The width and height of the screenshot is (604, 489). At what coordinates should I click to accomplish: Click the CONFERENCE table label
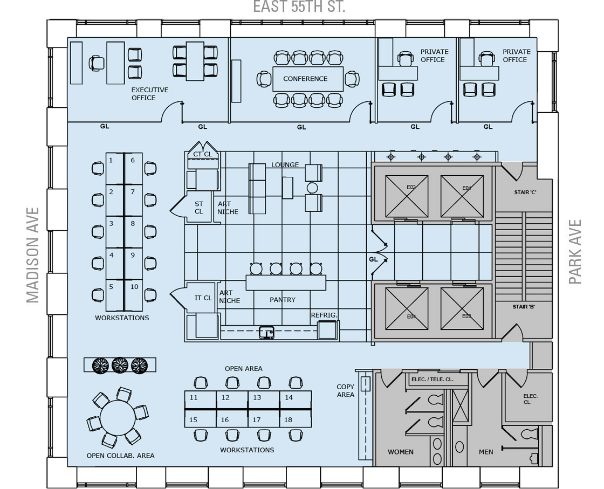(x=305, y=79)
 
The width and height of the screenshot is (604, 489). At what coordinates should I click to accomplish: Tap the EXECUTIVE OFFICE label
(x=149, y=94)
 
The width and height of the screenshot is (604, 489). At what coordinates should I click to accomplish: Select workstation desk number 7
(x=134, y=200)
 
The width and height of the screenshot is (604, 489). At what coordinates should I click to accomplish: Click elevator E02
(x=407, y=196)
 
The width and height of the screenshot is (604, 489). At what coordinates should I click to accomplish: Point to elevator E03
(x=462, y=309)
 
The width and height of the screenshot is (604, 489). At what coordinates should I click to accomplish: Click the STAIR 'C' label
(x=525, y=192)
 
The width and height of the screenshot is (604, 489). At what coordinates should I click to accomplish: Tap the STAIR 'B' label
(x=524, y=307)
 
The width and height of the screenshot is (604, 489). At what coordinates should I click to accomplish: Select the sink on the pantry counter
(x=266, y=332)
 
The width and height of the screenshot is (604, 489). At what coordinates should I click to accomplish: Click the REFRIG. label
(x=324, y=315)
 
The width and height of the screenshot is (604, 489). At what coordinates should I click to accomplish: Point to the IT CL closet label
(x=203, y=298)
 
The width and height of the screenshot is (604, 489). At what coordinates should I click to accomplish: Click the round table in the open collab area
(x=118, y=417)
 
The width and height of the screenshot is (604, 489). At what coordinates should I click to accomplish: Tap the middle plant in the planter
(x=120, y=364)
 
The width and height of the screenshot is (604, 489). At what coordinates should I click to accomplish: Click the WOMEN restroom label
(x=401, y=452)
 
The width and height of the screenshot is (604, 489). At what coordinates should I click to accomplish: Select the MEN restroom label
(x=486, y=452)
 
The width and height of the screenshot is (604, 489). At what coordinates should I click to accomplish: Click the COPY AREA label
(x=346, y=390)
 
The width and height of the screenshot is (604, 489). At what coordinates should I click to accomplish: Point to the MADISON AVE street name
(x=33, y=255)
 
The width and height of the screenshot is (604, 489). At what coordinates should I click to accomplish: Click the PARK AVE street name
(x=575, y=252)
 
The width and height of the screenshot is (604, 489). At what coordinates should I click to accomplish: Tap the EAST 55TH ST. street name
(x=299, y=6)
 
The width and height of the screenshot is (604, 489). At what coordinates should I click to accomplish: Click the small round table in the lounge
(x=312, y=188)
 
